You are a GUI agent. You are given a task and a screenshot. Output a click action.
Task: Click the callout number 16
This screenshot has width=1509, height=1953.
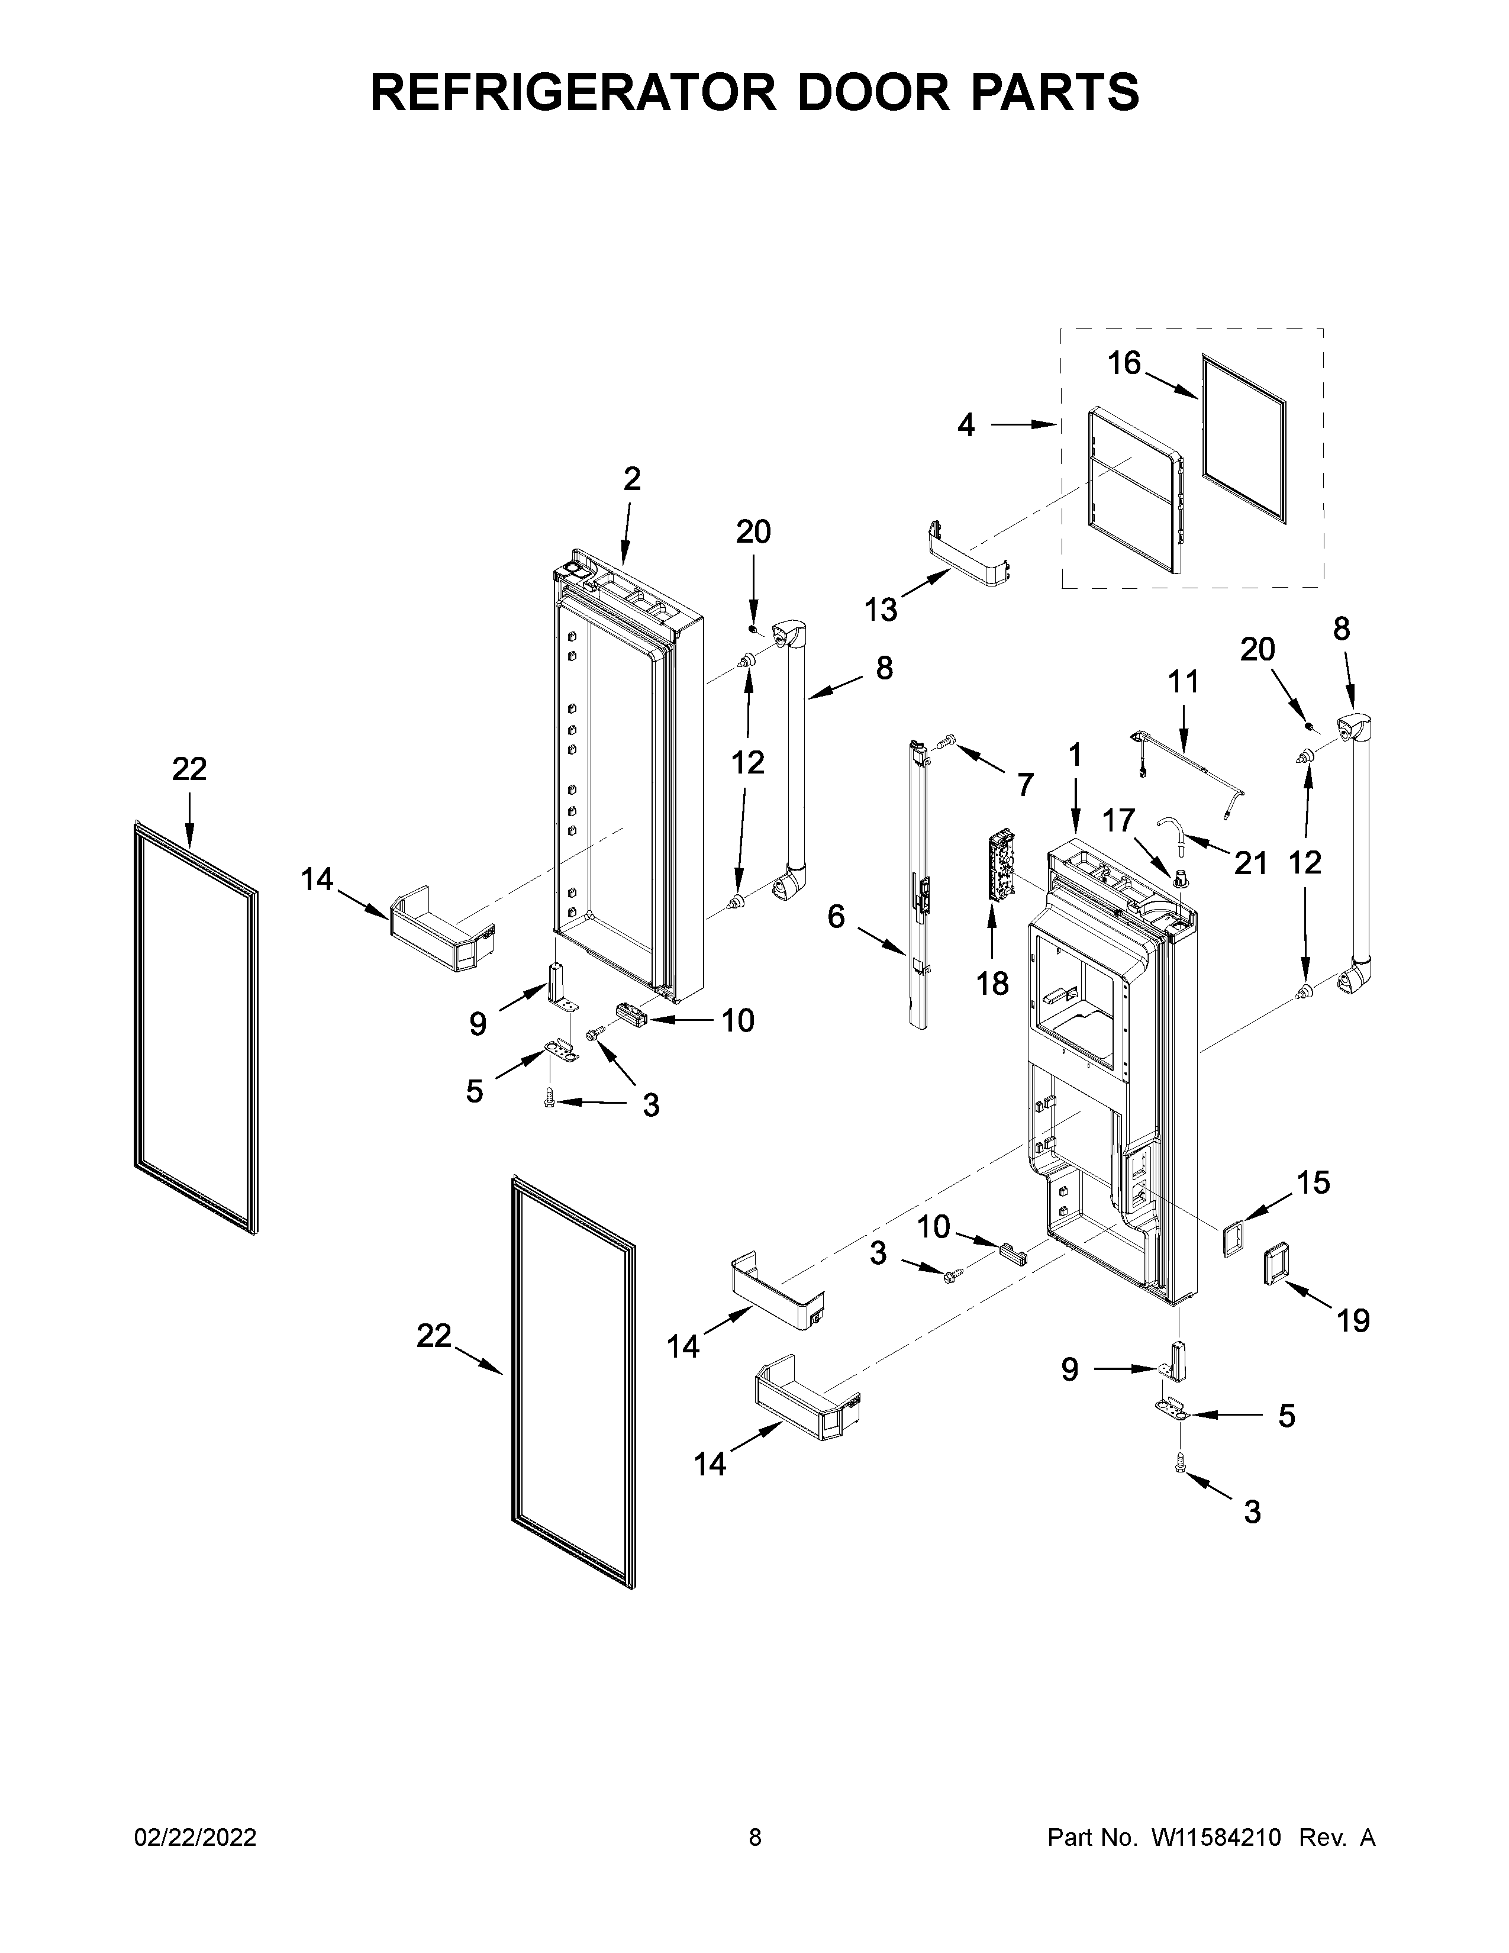point(1124,363)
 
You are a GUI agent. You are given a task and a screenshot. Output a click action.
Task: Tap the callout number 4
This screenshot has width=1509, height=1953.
point(966,425)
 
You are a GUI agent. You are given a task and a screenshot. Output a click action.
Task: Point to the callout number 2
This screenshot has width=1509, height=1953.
point(631,479)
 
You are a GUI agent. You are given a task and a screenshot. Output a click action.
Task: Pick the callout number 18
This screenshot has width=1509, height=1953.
point(992,984)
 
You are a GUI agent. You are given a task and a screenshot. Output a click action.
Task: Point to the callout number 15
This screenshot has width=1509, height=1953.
point(1313,1183)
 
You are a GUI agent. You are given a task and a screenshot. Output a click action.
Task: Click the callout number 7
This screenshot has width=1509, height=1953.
point(1024,785)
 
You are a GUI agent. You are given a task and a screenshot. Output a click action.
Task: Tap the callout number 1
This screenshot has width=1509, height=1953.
point(1075,756)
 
